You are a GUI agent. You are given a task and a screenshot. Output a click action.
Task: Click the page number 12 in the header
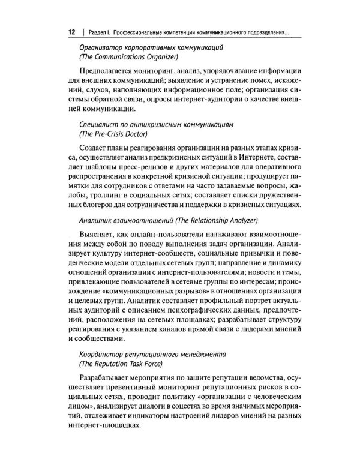(71, 32)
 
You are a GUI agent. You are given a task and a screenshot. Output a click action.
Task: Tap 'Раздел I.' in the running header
(98, 32)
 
